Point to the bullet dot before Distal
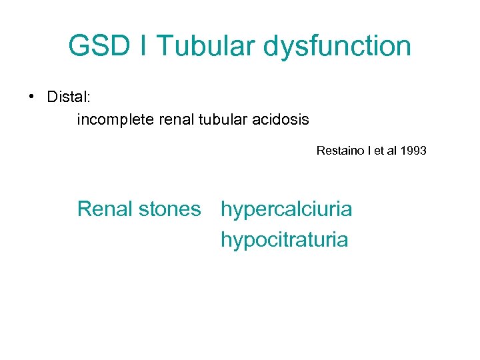[31, 97]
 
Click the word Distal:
[69, 97]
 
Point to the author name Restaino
[339, 151]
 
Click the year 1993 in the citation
[413, 151]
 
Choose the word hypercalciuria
[287, 209]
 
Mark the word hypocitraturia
[285, 239]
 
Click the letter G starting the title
[79, 46]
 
